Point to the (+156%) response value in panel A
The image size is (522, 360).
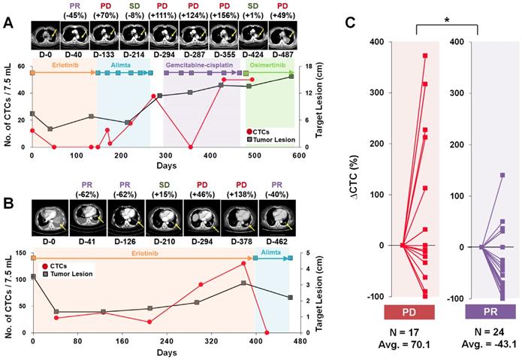[226, 16]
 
